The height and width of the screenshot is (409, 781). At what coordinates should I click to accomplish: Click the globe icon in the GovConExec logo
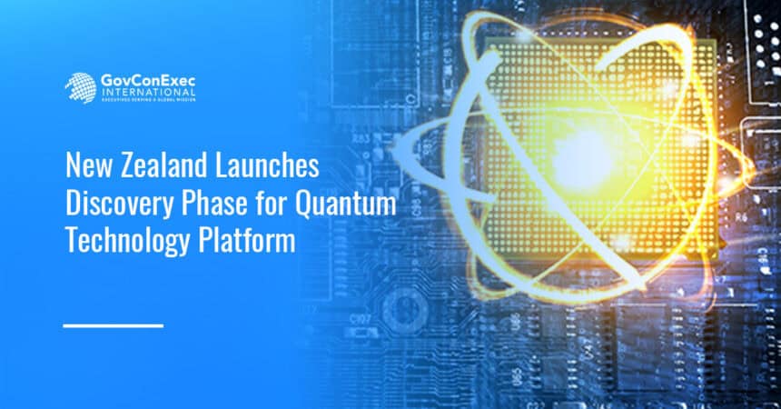pos(80,87)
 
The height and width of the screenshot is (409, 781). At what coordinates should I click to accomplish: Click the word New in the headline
pos(87,167)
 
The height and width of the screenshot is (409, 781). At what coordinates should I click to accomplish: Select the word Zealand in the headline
pos(161,167)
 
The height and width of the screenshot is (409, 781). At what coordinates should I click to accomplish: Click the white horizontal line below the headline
pos(113,324)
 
